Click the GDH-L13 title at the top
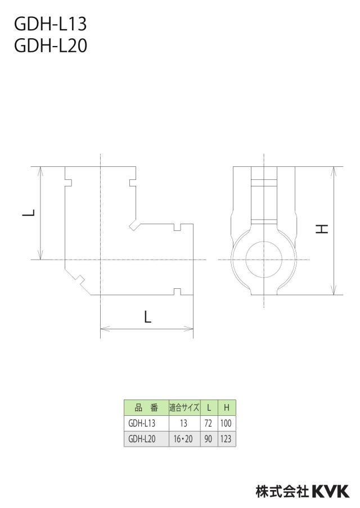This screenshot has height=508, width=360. [x=50, y=24]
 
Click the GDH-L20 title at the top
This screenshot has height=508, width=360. [x=51, y=46]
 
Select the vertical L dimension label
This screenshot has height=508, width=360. [x=29, y=213]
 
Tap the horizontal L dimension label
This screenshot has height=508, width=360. [x=147, y=316]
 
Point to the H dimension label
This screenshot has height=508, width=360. [x=322, y=229]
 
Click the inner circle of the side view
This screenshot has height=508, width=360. [x=246, y=260]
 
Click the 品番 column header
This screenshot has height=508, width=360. [x=146, y=407]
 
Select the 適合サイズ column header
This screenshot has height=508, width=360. [x=184, y=407]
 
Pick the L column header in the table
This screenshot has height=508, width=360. [x=209, y=407]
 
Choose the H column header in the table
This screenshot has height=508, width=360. [x=226, y=407]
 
